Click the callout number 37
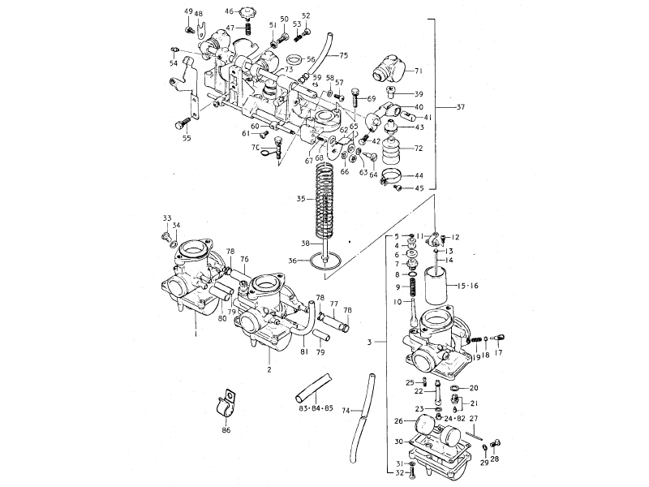pos(462,107)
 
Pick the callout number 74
pos(346,412)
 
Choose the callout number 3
pos(370,343)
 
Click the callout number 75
pos(343,55)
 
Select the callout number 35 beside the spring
pos(301,198)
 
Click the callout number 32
pos(398,474)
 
